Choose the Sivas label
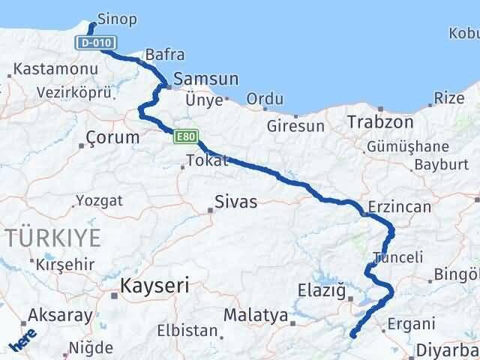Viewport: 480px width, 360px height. coord(235,201)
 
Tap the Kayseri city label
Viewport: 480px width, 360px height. coord(155,285)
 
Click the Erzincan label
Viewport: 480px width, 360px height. coord(400,208)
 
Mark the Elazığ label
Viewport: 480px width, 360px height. coord(320,289)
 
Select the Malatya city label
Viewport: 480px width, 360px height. coord(256,316)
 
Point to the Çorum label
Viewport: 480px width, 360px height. coord(113,138)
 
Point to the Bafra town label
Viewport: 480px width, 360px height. coord(164,55)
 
